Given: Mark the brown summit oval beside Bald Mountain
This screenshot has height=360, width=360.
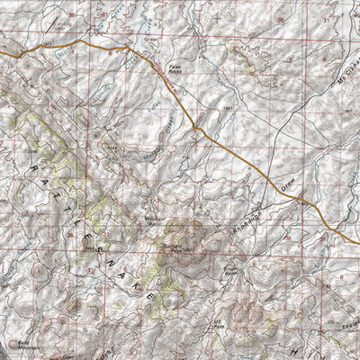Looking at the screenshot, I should click(13, 341).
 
